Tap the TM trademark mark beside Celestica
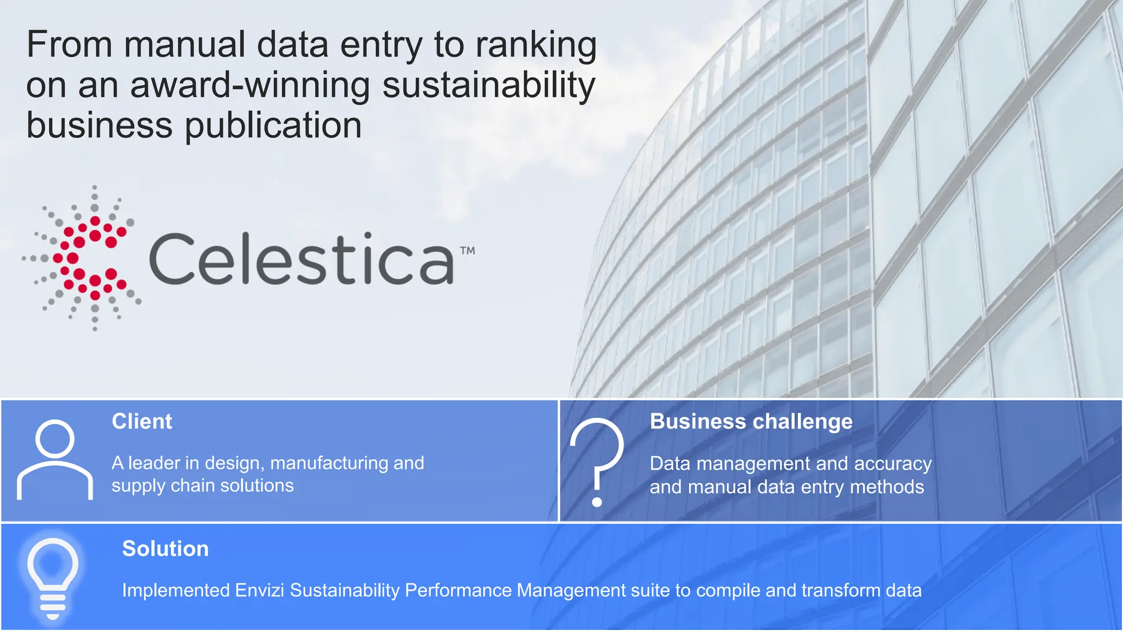[x=467, y=251]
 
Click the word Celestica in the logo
[x=301, y=259]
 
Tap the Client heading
[x=141, y=421]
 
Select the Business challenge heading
[x=751, y=421]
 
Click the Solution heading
[x=165, y=548]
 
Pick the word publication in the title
[x=273, y=125]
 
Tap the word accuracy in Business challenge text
[x=893, y=463]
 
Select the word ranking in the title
[x=536, y=45]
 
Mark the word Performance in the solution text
[x=457, y=590]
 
